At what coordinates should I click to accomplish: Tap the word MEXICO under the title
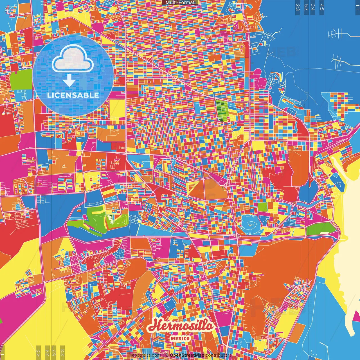(180, 338)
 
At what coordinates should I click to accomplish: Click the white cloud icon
(73, 58)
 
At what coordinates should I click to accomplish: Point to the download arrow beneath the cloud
(69, 81)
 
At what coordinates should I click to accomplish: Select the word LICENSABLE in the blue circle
(73, 95)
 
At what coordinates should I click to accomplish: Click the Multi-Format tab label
(180, 3)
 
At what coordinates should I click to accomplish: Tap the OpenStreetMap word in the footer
(187, 355)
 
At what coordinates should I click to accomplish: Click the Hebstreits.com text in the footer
(145, 355)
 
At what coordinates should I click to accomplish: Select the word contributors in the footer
(218, 355)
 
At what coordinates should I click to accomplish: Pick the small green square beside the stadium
(263, 207)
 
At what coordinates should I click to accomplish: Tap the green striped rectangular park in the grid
(222, 111)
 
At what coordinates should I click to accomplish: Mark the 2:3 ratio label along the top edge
(298, 7)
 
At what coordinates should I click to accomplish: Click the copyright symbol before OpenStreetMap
(167, 355)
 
